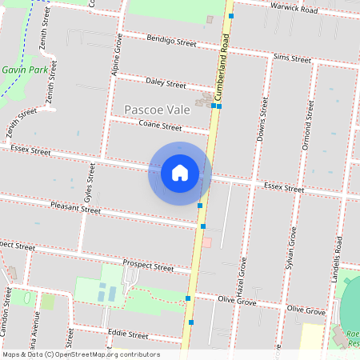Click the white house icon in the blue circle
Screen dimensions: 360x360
click(x=180, y=174)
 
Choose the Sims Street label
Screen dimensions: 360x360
click(x=291, y=58)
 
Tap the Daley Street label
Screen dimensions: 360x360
click(x=166, y=84)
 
